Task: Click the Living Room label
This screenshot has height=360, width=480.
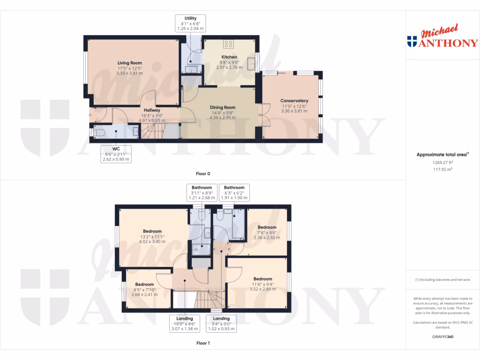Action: [129, 63]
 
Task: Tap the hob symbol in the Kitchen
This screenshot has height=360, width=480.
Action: [229, 45]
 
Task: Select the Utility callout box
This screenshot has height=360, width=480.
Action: [190, 23]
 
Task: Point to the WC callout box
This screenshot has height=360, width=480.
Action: [116, 154]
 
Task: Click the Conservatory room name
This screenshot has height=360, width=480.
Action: [294, 101]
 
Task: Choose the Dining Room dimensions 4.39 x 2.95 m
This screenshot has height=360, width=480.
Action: [223, 117]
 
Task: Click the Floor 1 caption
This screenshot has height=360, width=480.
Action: [203, 343]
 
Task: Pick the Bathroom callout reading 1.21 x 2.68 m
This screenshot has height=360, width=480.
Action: [202, 193]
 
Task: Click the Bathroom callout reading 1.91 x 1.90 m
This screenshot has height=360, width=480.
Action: [234, 193]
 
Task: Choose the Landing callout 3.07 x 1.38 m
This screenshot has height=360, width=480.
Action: [185, 324]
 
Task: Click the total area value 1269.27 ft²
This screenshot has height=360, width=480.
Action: [442, 163]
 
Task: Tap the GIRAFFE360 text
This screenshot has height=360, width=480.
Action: [442, 337]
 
